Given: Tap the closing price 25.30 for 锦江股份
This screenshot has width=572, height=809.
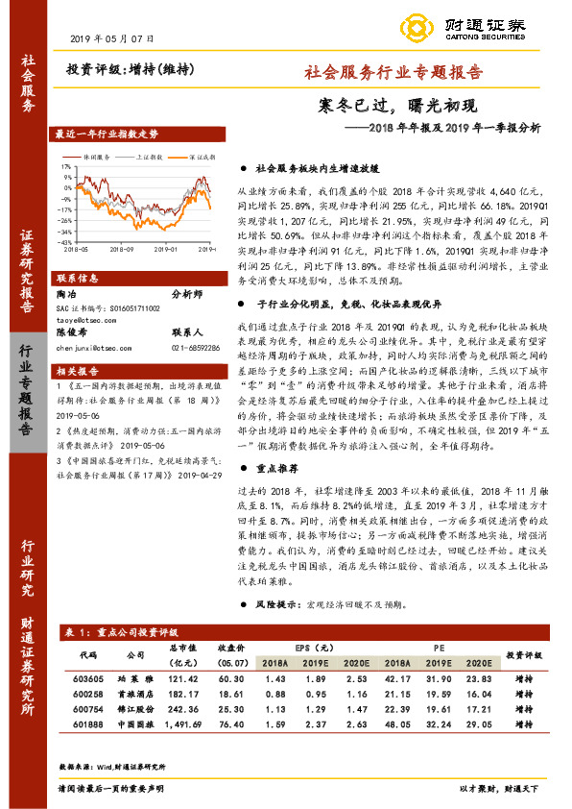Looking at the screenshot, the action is click(229, 709).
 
